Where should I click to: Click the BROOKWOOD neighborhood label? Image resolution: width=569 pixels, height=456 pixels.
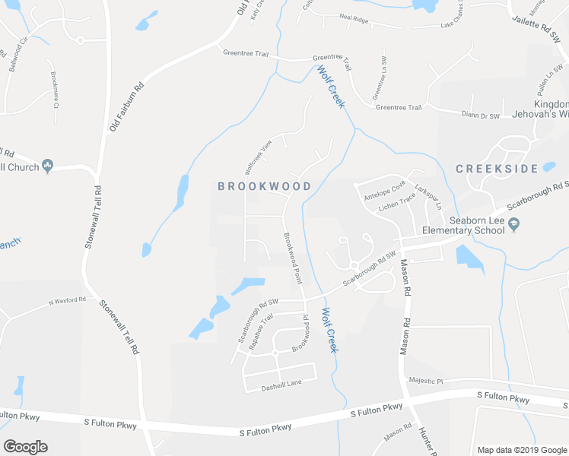pyautogui.click(x=264, y=186)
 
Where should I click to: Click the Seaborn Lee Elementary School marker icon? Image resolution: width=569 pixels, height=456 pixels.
pyautogui.click(x=514, y=224)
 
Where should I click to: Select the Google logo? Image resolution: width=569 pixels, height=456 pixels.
pyautogui.click(x=25, y=447)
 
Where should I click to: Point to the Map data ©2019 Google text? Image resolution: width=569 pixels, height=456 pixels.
pyautogui.click(x=521, y=450)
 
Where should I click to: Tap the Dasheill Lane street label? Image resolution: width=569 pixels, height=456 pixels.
pyautogui.click(x=283, y=383)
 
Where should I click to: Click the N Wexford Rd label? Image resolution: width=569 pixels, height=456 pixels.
pyautogui.click(x=68, y=301)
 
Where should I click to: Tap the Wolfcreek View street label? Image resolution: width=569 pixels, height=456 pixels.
pyautogui.click(x=258, y=157)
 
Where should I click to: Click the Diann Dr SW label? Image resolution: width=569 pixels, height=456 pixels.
pyautogui.click(x=481, y=116)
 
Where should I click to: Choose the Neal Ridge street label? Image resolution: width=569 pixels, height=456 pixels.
pyautogui.click(x=354, y=19)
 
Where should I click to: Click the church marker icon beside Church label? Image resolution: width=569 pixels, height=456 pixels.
pyautogui.click(x=47, y=164)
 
